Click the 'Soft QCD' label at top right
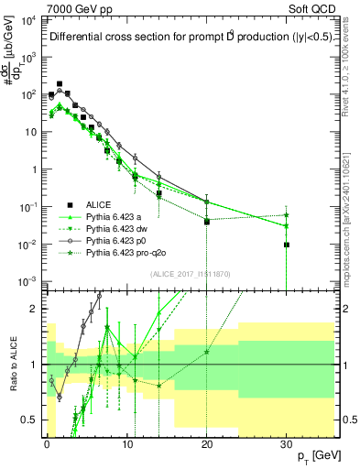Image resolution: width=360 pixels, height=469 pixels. pos(310,8)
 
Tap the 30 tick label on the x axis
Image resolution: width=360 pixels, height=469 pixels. pos(287,442)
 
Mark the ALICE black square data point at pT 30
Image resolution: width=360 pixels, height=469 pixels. pos(287,245)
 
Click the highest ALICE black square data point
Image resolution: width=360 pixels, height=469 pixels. pos(60,83)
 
